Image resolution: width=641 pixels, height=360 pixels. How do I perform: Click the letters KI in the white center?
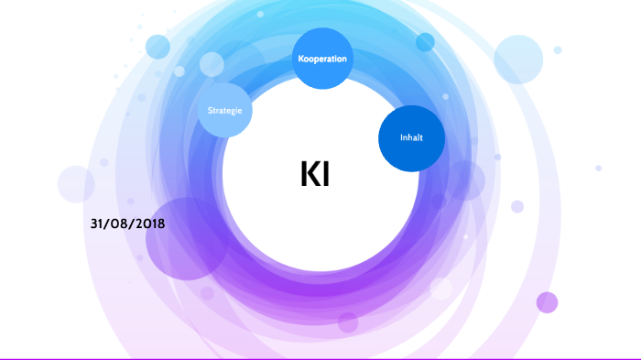pos(314,174)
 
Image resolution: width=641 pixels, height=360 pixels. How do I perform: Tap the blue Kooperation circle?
pos(321,60)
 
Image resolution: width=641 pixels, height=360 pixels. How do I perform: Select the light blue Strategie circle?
pos(225,110)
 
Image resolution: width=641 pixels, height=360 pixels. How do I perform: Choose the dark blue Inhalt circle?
pos(411,138)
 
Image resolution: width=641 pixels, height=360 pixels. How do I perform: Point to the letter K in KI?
pos(308,174)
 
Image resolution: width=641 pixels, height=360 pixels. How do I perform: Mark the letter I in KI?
pos(325,174)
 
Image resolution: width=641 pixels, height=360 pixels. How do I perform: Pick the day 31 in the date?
pos(99,224)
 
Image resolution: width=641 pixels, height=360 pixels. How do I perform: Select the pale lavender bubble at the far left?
pos(76,184)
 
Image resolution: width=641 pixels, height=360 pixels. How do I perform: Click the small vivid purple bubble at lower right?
pos(547,302)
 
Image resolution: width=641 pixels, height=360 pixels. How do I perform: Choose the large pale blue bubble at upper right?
pos(518,60)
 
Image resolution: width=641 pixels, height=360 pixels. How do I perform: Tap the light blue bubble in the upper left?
pos(158,47)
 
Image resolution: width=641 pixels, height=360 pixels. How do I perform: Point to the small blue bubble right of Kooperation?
pos(425,42)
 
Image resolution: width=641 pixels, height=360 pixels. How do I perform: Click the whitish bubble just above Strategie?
pos(212,64)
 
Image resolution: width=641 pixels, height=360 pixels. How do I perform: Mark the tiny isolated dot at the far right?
pos(598,168)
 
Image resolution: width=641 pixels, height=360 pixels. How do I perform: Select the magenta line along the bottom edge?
pos(320,358)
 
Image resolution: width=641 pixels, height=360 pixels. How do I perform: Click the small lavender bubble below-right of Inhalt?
pos(517,206)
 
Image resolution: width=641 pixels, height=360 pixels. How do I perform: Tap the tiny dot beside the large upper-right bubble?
pos(558,49)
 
